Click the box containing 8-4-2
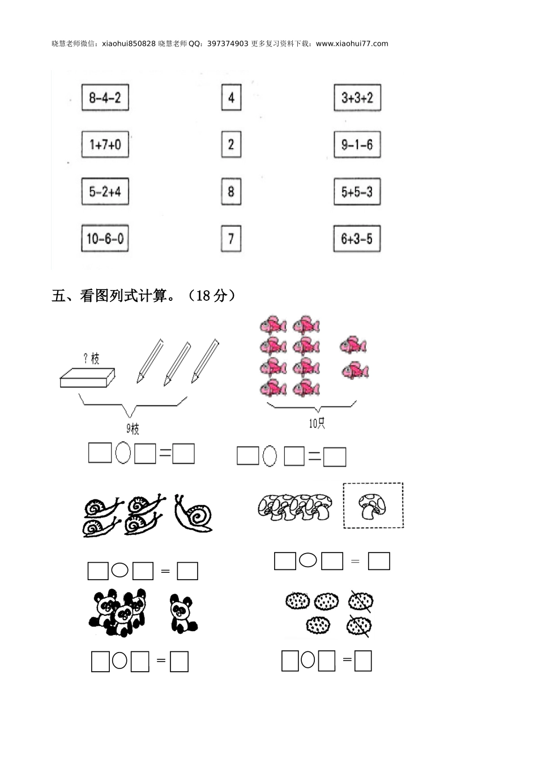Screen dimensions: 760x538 point(105,97)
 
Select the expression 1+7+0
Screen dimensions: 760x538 point(105,144)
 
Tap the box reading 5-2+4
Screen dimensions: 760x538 point(105,192)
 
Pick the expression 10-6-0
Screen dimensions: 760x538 point(105,239)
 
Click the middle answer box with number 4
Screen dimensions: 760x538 point(231,97)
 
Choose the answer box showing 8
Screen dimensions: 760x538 point(231,192)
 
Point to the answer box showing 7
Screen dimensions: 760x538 point(231,239)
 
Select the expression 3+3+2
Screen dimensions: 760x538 point(357,97)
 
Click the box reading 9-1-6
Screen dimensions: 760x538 point(357,144)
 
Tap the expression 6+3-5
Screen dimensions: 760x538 point(357,239)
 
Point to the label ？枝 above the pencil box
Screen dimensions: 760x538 point(91,358)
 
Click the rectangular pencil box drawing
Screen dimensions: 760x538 point(87,378)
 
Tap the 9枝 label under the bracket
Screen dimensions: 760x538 point(133,429)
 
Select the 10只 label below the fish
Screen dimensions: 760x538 point(317,423)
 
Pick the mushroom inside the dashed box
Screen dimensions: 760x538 point(372,506)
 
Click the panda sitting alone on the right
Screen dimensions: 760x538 point(183,614)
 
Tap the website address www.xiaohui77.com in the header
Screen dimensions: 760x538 point(352,44)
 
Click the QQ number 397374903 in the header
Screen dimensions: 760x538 point(228,44)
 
